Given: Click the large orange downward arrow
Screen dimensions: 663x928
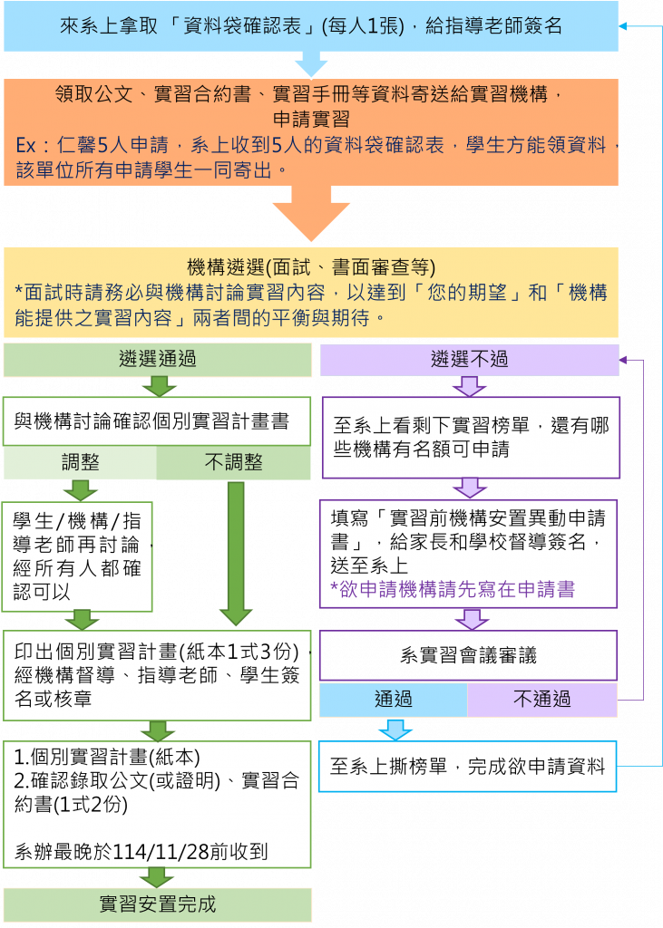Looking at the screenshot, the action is click(311, 213).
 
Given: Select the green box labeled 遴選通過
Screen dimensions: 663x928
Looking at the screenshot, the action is click(158, 359).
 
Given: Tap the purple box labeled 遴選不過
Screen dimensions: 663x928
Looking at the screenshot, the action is click(469, 359).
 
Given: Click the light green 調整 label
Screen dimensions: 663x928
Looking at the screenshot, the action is click(80, 462).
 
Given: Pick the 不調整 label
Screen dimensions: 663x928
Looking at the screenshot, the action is click(233, 462).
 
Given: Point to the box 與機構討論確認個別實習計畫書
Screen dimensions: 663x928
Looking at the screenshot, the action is click(157, 421).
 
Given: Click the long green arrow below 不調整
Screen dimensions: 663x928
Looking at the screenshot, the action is click(236, 554).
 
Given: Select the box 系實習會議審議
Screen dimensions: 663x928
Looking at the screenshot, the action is click(468, 655).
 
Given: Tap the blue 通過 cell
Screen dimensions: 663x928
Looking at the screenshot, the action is click(394, 700).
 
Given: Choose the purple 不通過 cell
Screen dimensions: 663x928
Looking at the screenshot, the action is click(542, 700).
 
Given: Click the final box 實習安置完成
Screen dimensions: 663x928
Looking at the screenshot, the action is click(158, 904).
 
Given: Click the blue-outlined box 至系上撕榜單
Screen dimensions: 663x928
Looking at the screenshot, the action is click(467, 767).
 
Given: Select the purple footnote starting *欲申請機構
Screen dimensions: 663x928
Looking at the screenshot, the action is click(453, 589).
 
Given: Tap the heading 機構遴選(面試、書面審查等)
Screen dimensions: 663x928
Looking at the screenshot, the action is click(311, 267).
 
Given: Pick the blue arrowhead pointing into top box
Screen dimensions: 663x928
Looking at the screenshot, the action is click(623, 26).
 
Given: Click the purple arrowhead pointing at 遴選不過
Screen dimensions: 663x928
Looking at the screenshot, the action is click(623, 360).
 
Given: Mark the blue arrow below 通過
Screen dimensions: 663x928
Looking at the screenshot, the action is click(395, 730).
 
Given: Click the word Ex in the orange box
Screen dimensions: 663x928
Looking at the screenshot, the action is click(26, 145).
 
